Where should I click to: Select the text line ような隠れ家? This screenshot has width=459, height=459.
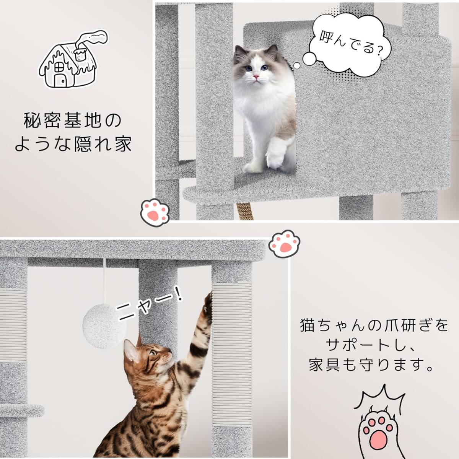(x=73, y=145)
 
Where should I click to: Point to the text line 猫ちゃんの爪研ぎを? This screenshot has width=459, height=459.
(x=373, y=326)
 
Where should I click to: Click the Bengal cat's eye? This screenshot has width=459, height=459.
(x=152, y=353)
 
